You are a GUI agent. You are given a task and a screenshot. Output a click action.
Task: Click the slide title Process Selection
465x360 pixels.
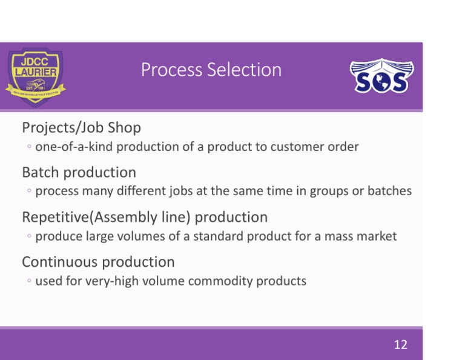pos(211,70)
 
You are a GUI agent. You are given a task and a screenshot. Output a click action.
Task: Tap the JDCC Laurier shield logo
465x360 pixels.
pos(36,76)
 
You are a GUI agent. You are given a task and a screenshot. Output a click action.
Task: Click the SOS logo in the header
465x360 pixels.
pos(381,76)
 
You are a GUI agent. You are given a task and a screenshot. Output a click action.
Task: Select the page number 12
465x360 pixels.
pos(400,345)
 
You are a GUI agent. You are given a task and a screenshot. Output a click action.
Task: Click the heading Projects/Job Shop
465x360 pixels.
pos(81,128)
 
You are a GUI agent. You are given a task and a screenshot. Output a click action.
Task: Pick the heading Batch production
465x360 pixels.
pos(79,173)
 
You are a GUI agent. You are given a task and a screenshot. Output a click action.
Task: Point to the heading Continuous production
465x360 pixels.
pos(98,262)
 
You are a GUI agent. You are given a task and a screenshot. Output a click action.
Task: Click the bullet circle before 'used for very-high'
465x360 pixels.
pos(29,281)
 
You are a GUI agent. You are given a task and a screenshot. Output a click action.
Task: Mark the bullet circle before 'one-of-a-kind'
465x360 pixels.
pos(29,147)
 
